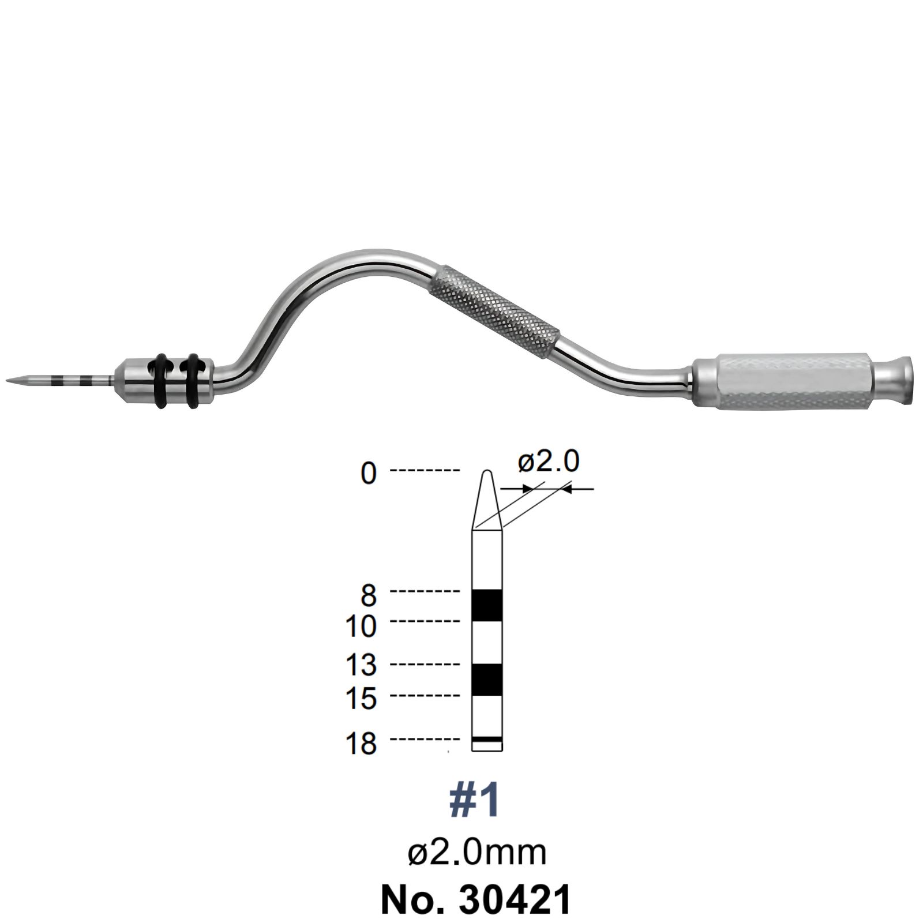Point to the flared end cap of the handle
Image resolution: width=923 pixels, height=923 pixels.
pos(895,381)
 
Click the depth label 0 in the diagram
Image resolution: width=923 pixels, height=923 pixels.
pos(369,473)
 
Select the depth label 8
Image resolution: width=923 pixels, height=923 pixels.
pos(369,595)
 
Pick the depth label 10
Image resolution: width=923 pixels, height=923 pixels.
pos(361,625)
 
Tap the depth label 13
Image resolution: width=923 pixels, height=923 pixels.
pos(361,665)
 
